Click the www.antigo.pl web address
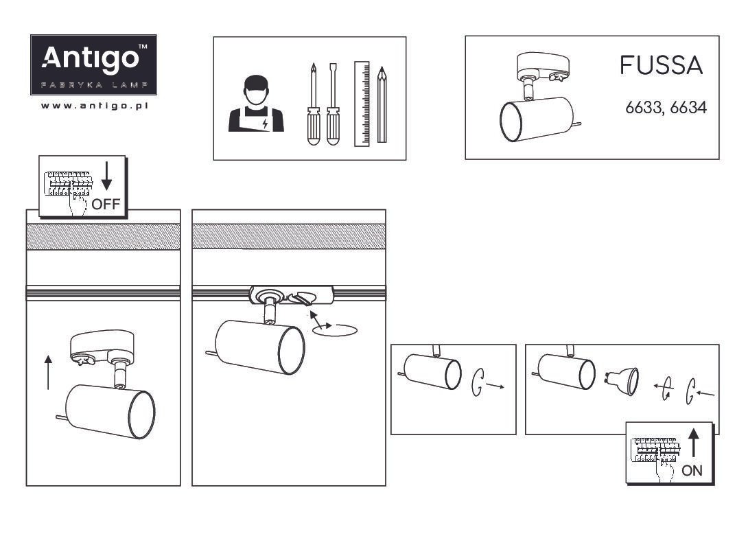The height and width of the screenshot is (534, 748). click(x=95, y=106)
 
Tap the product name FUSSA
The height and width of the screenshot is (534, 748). click(x=661, y=65)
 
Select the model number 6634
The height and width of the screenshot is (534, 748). click(x=688, y=107)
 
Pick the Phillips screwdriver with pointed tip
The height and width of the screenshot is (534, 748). click(x=314, y=104)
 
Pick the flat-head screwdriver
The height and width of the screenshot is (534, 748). click(x=333, y=104)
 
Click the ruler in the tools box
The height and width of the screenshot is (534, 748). click(x=362, y=104)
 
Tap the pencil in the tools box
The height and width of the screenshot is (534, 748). click(x=382, y=104)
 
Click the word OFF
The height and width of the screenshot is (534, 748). click(x=106, y=205)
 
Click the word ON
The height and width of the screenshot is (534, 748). click(x=692, y=471)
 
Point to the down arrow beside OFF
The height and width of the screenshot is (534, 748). click(x=107, y=176)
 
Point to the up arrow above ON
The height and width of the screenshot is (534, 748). click(x=694, y=443)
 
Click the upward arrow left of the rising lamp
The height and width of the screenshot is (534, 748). click(x=48, y=372)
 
